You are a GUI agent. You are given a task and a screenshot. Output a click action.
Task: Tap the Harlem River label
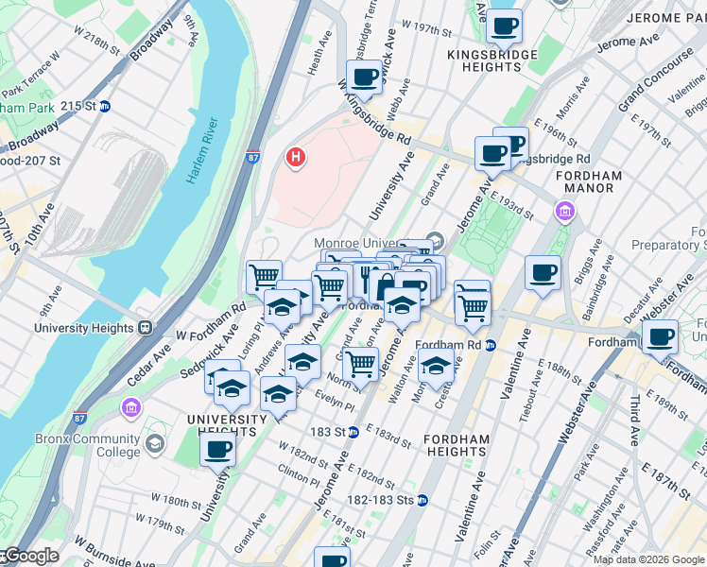click(x=202, y=151)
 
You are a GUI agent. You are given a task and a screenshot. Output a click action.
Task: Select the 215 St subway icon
click(x=105, y=107)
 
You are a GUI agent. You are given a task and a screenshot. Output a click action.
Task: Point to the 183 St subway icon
click(x=353, y=432)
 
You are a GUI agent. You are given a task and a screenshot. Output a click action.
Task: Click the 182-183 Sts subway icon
click(x=422, y=500)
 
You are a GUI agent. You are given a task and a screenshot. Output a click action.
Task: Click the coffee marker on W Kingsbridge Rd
click(x=364, y=77)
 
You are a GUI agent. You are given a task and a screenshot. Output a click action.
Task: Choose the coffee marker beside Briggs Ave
click(x=542, y=274)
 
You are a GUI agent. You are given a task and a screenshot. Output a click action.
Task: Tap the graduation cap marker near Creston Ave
click(x=435, y=365)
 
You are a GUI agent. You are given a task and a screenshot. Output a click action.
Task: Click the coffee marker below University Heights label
click(x=217, y=450)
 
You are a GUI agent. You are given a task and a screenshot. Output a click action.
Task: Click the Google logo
click(x=30, y=556)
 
